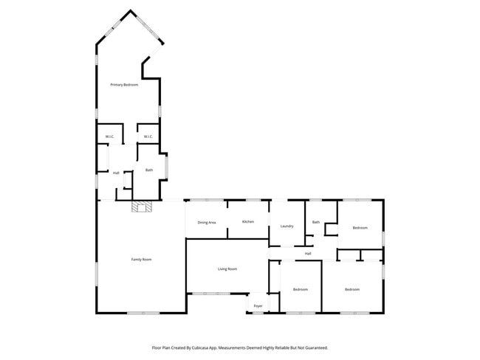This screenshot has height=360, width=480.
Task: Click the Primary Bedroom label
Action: (124, 86)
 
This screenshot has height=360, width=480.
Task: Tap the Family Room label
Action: (141, 260)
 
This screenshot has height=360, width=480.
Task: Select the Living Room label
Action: (227, 269)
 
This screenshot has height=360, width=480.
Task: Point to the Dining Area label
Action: (206, 222)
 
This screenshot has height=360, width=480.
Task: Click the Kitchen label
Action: (248, 221)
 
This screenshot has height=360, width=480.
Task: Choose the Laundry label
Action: (287, 226)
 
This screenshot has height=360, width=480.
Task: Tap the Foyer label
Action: (258, 305)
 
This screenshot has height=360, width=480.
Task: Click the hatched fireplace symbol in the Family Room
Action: (141, 207)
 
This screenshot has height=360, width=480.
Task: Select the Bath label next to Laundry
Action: (316, 222)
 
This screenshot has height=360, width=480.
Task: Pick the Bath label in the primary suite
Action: (149, 170)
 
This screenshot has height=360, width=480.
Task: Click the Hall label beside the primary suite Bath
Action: (116, 173)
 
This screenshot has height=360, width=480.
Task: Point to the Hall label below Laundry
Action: (308, 254)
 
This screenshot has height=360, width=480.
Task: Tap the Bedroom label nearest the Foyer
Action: (300, 289)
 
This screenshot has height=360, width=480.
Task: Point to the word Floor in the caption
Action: (157, 347)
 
